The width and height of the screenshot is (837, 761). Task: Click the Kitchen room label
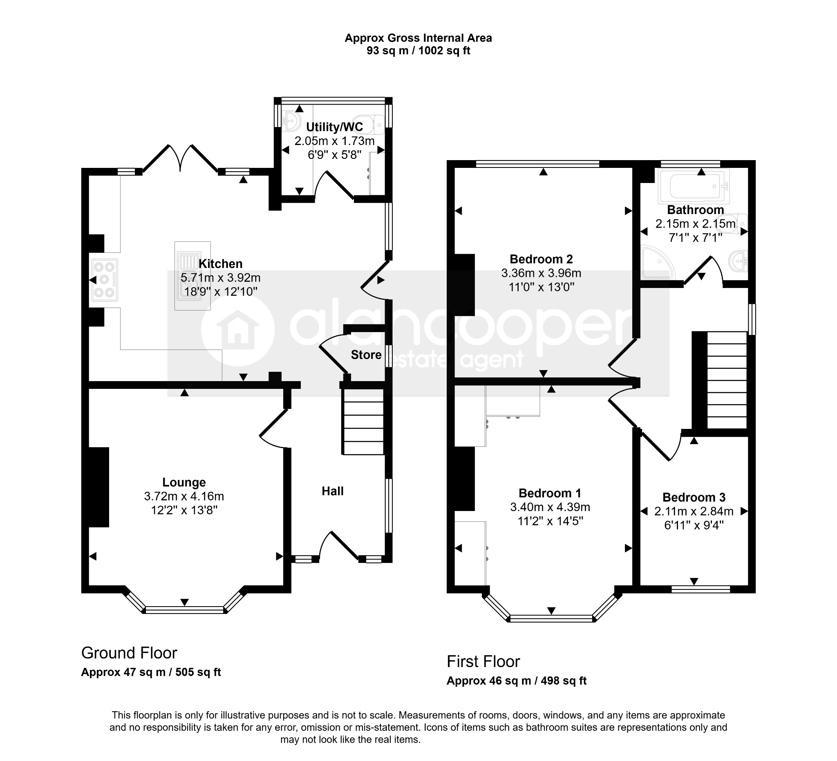pyautogui.click(x=220, y=264)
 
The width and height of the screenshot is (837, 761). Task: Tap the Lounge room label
pyautogui.click(x=184, y=482)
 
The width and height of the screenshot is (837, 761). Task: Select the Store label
pyautogui.click(x=366, y=355)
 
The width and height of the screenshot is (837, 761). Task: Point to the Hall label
pyautogui.click(x=333, y=491)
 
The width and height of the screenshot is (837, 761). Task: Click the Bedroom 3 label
pyautogui.click(x=694, y=497)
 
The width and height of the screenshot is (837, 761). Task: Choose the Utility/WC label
pyautogui.click(x=334, y=127)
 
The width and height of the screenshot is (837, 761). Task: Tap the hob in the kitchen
pyautogui.click(x=105, y=280)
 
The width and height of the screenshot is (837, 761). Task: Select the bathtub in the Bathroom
pyautogui.click(x=694, y=186)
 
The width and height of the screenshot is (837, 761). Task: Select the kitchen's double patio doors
pyautogui.click(x=180, y=158)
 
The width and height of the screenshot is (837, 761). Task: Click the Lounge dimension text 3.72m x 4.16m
pyautogui.click(x=184, y=496)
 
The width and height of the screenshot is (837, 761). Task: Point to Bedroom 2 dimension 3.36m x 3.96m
pyautogui.click(x=541, y=273)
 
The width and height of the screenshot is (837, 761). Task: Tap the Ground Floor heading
pyautogui.click(x=129, y=653)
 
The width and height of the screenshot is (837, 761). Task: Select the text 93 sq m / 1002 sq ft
pyautogui.click(x=418, y=51)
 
